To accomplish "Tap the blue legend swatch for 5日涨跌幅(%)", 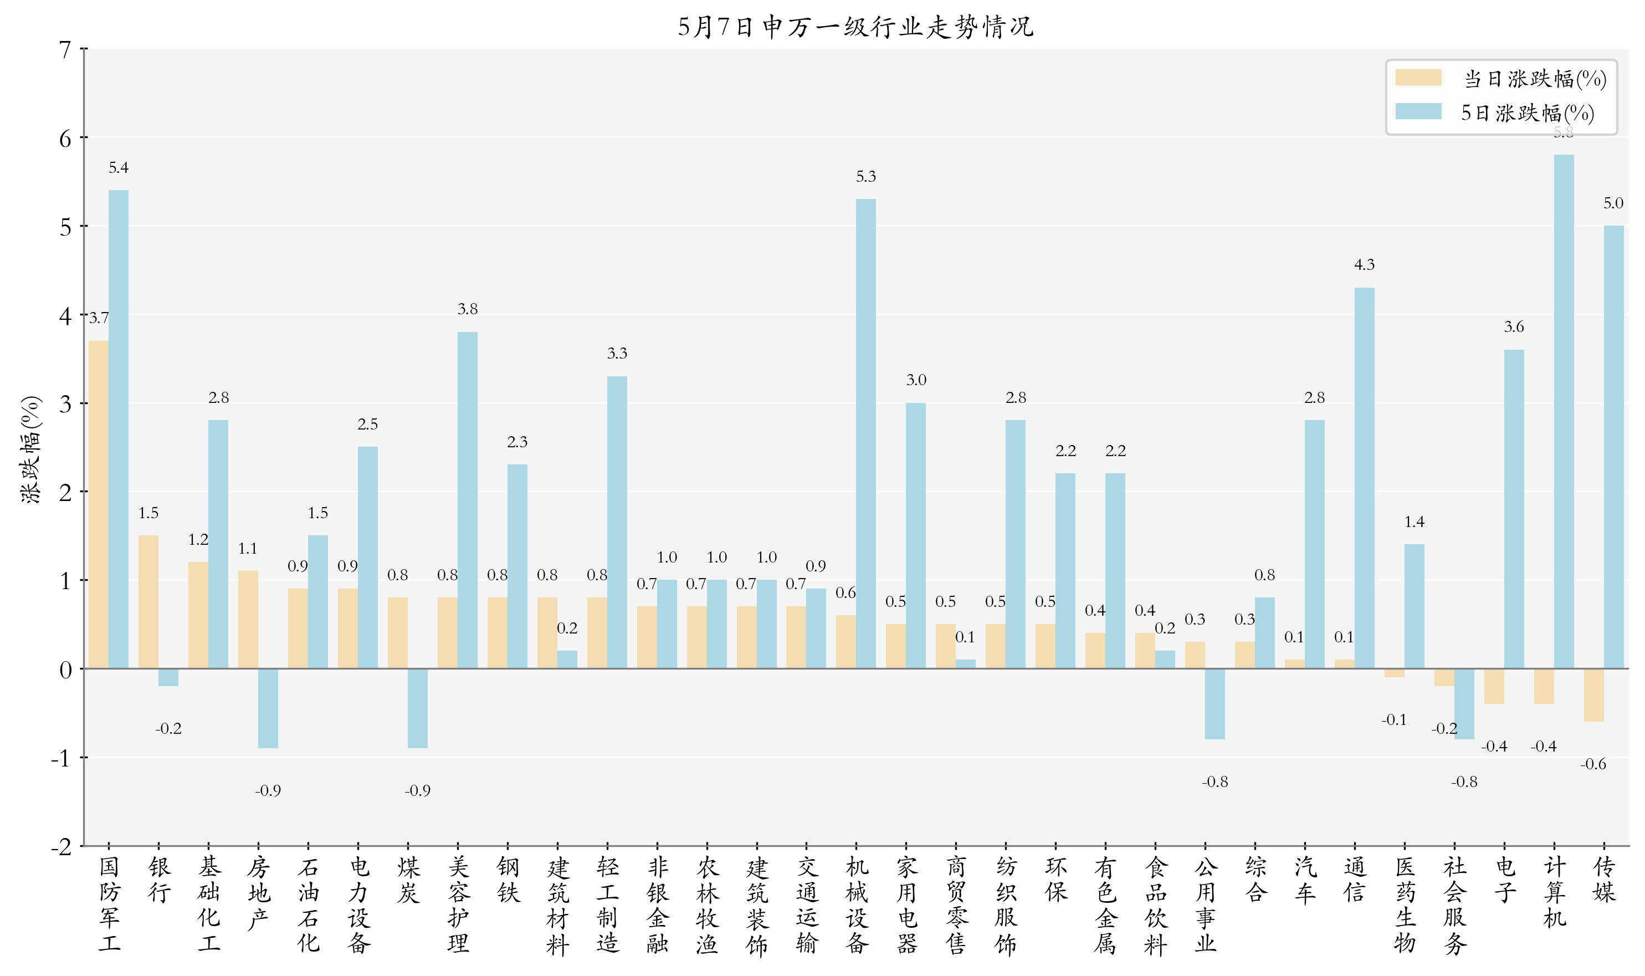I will (x=1418, y=111).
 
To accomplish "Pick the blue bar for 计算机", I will (x=1564, y=412).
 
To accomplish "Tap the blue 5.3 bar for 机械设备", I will (x=865, y=433).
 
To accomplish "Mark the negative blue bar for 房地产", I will (x=268, y=708).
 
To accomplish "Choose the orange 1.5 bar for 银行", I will (x=148, y=602).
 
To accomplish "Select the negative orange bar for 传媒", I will (x=1593, y=695).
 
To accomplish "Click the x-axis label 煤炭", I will (x=408, y=880).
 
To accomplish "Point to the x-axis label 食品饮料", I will (x=1155, y=906).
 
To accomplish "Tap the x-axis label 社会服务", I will (x=1454, y=906).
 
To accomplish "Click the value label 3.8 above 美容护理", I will (x=468, y=309).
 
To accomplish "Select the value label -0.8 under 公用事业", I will (x=1214, y=781).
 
